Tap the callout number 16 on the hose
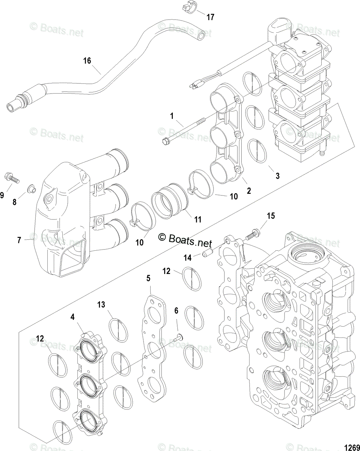point(87,61)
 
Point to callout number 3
point(277,176)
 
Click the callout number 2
point(248,191)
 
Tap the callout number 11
point(197,219)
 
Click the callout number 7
point(19,239)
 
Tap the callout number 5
point(148,278)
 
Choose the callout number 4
point(72,317)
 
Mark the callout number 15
point(271,216)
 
